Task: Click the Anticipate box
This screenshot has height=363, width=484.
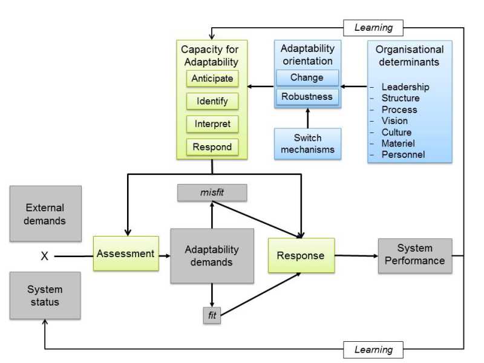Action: pyautogui.click(x=212, y=79)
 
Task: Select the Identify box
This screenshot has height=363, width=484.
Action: pyautogui.click(x=212, y=101)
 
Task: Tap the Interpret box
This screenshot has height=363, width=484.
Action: pyautogui.click(x=212, y=124)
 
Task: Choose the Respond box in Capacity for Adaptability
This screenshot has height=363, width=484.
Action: pyautogui.click(x=212, y=147)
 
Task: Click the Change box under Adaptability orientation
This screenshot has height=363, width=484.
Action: pyautogui.click(x=307, y=77)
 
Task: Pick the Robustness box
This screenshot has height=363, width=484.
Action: pyautogui.click(x=307, y=96)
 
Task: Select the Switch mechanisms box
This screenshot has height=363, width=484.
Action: pyautogui.click(x=307, y=143)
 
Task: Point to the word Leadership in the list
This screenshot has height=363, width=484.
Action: pyautogui.click(x=405, y=87)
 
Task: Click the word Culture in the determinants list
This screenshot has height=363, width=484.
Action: pyautogui.click(x=396, y=132)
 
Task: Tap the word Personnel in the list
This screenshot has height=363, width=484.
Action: pyautogui.click(x=403, y=154)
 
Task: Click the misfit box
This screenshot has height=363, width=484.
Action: pyautogui.click(x=212, y=192)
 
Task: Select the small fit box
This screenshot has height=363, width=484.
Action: pyautogui.click(x=212, y=315)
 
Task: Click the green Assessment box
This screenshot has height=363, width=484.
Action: pyautogui.click(x=126, y=253)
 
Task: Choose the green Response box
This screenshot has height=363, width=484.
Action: pyautogui.click(x=301, y=255)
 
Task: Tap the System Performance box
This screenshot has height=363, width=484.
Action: pyautogui.click(x=415, y=255)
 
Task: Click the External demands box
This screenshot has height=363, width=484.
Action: pyautogui.click(x=45, y=214)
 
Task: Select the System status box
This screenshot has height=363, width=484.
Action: pyautogui.click(x=45, y=295)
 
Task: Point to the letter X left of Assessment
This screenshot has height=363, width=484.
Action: pyautogui.click(x=44, y=257)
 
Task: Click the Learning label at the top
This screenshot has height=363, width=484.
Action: pyautogui.click(x=373, y=27)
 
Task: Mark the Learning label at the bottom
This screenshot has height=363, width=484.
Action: pyautogui.click(x=373, y=349)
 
